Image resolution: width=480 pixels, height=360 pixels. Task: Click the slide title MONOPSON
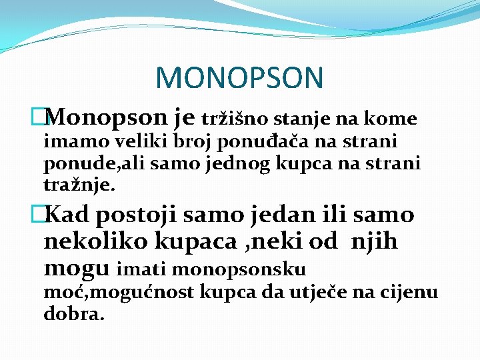pyautogui.click(x=239, y=78)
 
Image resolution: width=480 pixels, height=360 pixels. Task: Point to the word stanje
pyautogui.click(x=313, y=119)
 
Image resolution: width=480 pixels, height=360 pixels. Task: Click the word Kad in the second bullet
pyautogui.click(x=70, y=215)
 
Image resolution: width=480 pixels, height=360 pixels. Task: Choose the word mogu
pyautogui.click(x=76, y=269)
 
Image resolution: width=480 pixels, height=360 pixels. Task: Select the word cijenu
pyautogui.click(x=413, y=292)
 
